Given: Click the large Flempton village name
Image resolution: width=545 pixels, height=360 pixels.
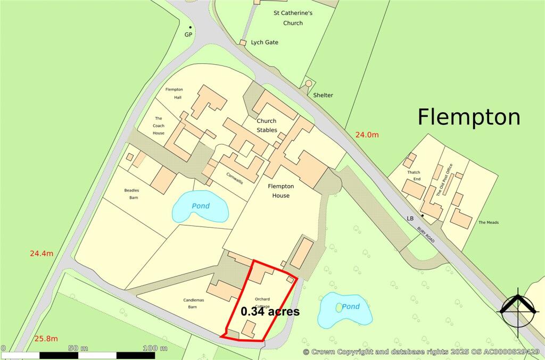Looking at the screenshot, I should click(468, 116).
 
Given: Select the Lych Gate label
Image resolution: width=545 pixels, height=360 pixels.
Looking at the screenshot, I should click(265, 42).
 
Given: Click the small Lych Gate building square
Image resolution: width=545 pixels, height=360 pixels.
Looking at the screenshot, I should click(243, 43).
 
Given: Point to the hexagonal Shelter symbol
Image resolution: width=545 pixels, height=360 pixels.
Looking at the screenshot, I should click(308, 84).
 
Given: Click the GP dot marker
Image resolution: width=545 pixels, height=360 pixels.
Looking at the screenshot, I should click(190, 27).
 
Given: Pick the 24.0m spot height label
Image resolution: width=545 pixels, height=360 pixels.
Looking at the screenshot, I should click(367, 135).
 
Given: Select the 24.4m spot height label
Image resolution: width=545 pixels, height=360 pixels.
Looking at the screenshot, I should click(42, 254).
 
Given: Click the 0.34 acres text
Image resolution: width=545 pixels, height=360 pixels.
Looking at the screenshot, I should click(270, 312).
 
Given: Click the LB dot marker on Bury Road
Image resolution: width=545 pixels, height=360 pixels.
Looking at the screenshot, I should click(422, 215).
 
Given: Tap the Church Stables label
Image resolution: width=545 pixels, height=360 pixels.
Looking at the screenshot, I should click(267, 125).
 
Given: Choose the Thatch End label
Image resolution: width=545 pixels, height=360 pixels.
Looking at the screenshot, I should click(414, 176).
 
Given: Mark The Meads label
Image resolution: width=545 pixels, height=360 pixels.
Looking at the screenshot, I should click(489, 222).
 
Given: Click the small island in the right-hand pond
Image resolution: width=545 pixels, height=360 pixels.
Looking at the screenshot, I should click(338, 307).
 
